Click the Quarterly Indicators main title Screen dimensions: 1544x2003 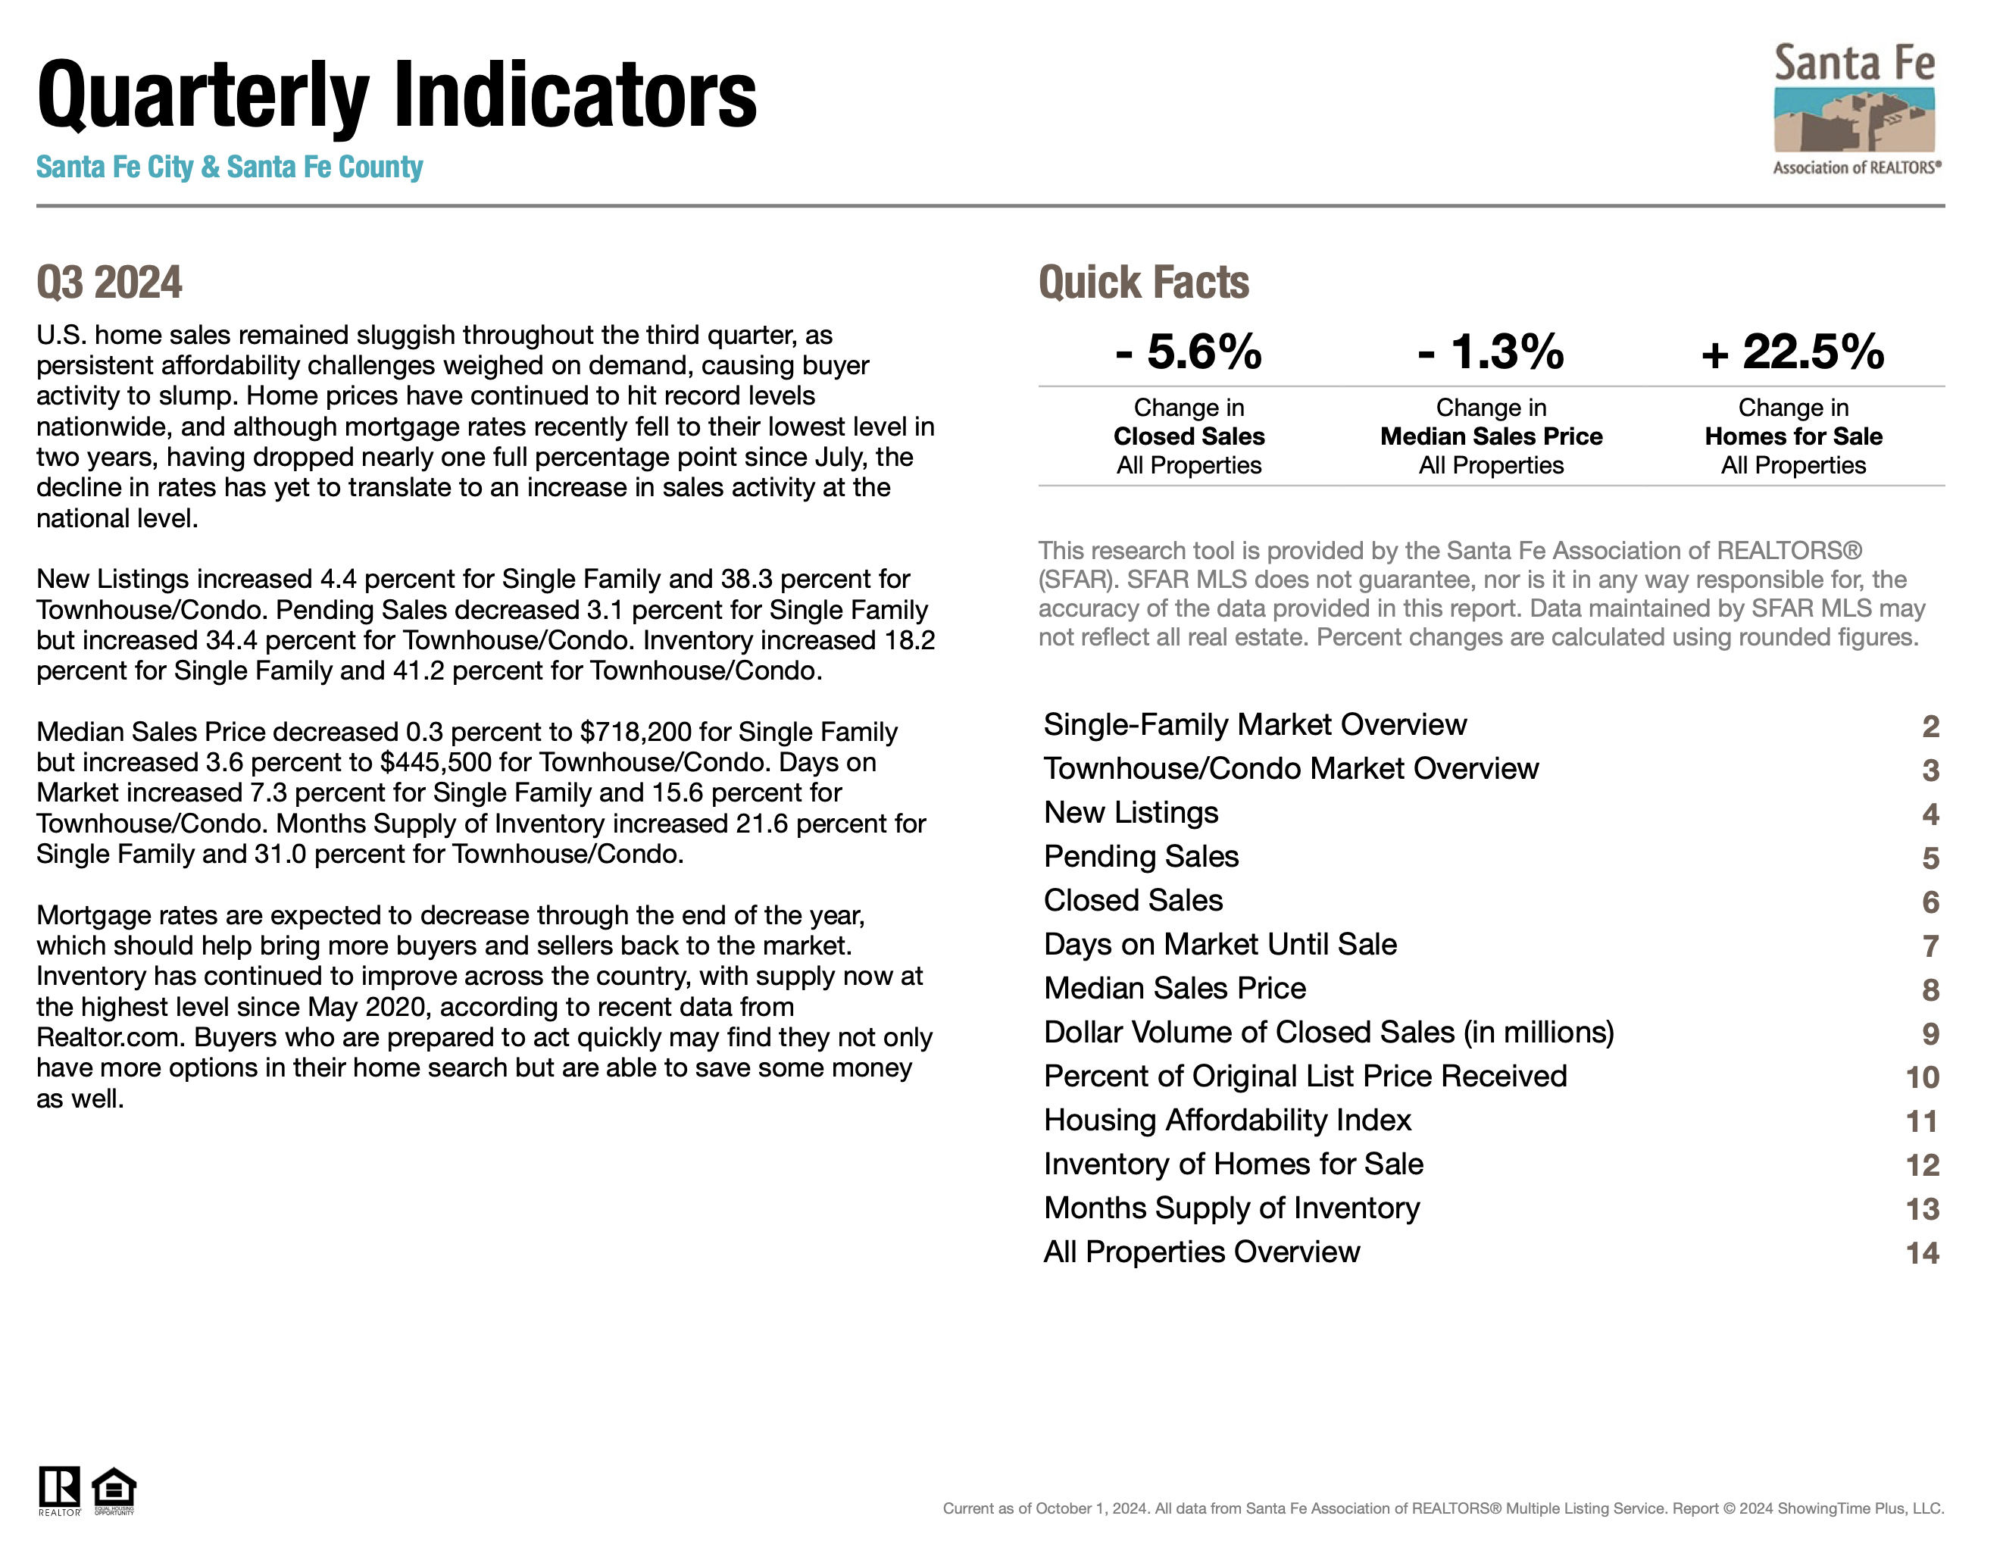(396, 95)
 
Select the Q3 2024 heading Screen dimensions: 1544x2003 (109, 283)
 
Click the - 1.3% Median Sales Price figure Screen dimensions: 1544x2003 (1490, 352)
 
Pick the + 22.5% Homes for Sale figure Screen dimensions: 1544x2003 (1792, 352)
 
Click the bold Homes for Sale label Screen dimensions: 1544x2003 (1793, 436)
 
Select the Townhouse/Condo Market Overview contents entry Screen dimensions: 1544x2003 (1290, 769)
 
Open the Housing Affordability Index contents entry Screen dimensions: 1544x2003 (1227, 1120)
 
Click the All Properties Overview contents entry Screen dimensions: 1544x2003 (1201, 1252)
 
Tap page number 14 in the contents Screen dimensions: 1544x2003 (1921, 1253)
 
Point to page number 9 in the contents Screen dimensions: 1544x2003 (1930, 1034)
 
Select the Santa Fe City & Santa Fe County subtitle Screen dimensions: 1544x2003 (230, 167)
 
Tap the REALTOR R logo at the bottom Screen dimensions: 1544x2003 (58, 1488)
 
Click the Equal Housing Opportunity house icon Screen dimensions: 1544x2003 (114, 1489)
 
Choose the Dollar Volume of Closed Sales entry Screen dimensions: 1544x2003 (1328, 1032)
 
